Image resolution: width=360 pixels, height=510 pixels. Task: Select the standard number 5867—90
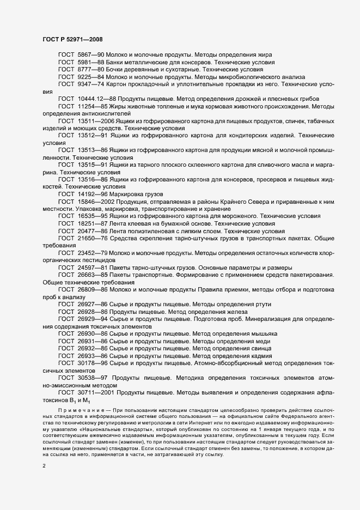[91, 56]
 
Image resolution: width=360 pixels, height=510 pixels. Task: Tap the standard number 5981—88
[91, 63]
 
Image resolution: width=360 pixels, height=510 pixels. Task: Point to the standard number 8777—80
[91, 70]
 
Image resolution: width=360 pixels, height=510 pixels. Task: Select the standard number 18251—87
[95, 224]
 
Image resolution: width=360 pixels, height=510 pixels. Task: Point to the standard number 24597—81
[95, 268]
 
